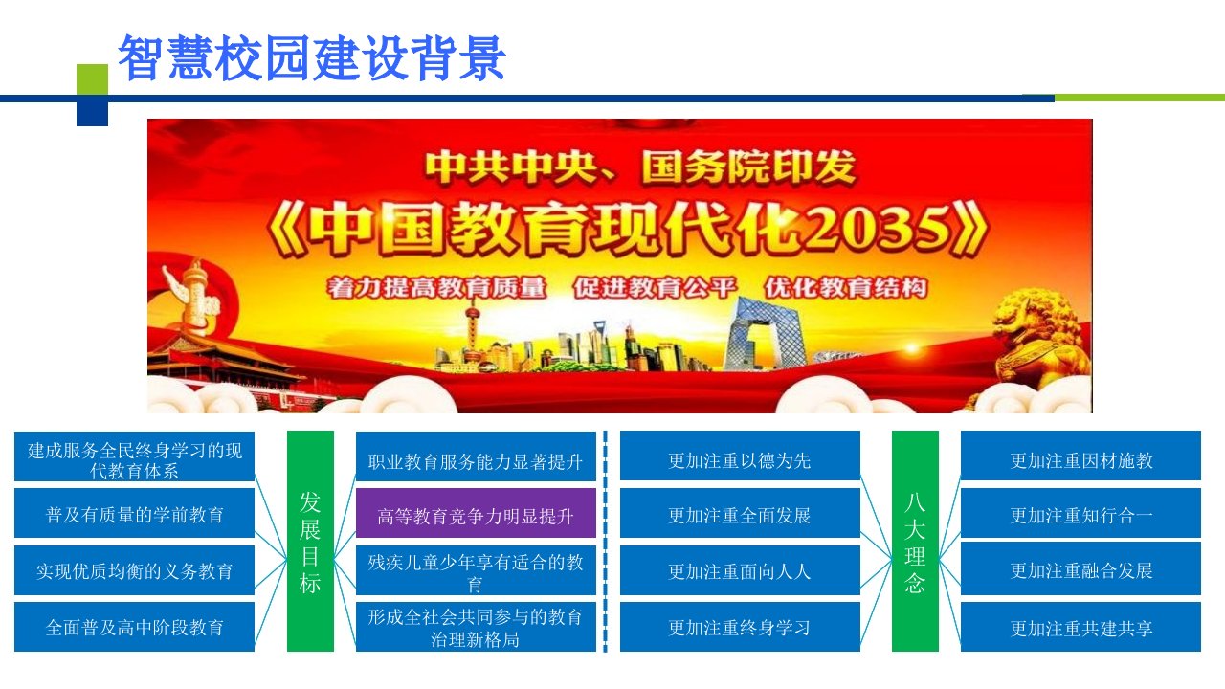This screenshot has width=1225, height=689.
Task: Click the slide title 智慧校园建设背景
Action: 311,58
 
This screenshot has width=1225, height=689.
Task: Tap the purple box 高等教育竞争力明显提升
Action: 476,513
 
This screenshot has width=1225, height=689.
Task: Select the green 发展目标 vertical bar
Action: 310,541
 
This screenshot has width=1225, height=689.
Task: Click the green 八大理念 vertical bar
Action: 915,541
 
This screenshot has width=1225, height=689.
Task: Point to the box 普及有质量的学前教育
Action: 135,513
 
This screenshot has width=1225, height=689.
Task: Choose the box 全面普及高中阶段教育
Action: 135,627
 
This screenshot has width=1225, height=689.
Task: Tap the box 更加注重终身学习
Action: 740,627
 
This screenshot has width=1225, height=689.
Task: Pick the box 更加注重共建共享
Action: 1080,627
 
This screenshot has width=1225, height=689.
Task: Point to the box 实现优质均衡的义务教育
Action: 135,569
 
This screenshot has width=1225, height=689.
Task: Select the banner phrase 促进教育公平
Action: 655,288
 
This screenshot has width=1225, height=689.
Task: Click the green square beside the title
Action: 93,79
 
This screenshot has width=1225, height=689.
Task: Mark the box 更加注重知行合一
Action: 1080,513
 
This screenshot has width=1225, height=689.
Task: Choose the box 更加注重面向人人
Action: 740,569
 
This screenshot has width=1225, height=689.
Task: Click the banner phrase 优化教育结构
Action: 845,288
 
